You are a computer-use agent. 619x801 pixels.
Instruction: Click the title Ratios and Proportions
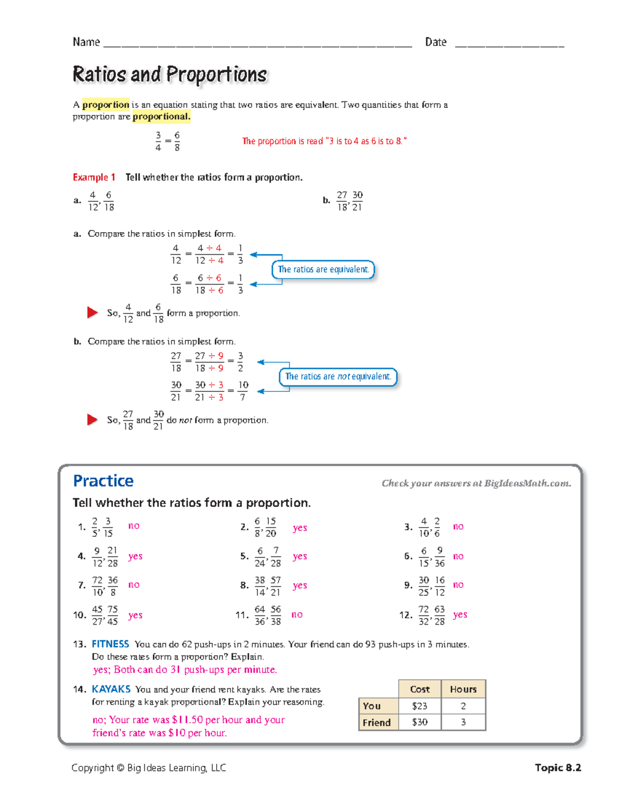170,74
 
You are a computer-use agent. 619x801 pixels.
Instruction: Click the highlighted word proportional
161,117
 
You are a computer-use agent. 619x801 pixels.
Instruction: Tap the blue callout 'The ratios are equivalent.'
323,269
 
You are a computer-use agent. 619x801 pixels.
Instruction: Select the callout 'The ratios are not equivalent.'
338,377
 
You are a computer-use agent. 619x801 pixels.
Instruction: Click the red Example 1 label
94,177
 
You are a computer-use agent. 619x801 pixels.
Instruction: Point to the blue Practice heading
103,481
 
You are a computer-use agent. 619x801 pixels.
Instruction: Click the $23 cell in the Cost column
419,706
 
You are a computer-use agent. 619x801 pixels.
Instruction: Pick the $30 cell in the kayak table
419,722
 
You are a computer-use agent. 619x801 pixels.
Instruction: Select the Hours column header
463,689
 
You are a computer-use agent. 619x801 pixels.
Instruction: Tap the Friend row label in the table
377,722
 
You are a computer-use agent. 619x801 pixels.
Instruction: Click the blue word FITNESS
110,644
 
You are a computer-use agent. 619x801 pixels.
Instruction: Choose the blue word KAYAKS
111,689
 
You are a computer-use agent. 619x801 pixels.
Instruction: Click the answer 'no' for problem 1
134,526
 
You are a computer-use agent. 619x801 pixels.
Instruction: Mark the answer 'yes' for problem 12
460,614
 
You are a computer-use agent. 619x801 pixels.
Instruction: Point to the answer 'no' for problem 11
297,614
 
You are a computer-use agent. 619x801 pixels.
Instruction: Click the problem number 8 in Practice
244,585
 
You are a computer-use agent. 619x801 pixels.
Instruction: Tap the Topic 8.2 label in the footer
558,767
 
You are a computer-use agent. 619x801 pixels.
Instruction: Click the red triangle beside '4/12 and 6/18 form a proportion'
92,313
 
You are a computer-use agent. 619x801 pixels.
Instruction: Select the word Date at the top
435,42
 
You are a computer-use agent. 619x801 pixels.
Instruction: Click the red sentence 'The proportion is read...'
324,141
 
